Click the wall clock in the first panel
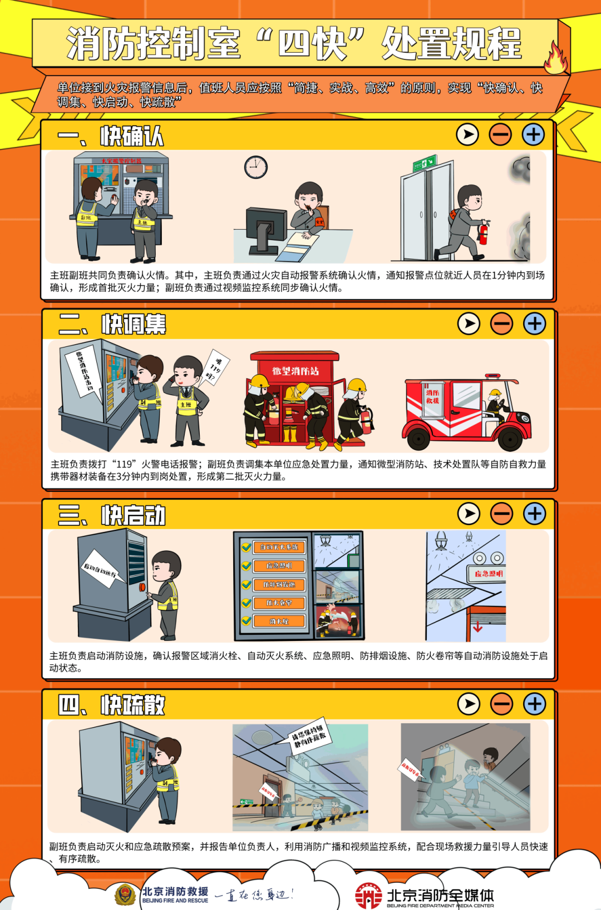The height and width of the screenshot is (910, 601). point(256,167)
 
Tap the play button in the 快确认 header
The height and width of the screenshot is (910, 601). point(467,135)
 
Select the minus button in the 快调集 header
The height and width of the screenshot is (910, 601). point(501,324)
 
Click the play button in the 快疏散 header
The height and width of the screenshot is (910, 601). point(469,704)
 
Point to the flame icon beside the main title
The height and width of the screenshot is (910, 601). point(556,58)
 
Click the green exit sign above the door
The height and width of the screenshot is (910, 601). point(424,163)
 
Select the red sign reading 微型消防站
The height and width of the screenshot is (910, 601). point(295,371)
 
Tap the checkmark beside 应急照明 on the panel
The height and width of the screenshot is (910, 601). point(246,566)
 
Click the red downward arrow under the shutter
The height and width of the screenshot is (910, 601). point(477,626)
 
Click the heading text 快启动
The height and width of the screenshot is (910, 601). point(134,515)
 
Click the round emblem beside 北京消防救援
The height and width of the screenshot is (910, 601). point(125,894)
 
